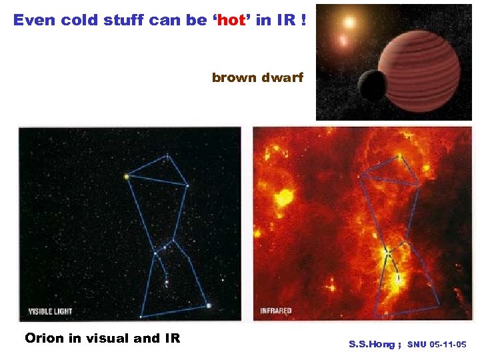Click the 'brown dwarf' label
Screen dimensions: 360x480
(x=257, y=78)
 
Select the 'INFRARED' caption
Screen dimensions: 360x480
(x=276, y=311)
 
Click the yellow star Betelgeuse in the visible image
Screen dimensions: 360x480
(x=125, y=177)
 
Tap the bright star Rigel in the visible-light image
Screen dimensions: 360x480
(x=209, y=305)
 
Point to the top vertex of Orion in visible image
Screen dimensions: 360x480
(x=167, y=157)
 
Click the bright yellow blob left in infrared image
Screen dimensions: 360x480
(x=285, y=197)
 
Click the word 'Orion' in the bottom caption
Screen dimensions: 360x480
(x=44, y=338)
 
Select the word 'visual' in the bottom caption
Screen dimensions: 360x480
(x=107, y=338)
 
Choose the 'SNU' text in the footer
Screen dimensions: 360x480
(x=417, y=345)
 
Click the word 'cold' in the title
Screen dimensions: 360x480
(x=80, y=20)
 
